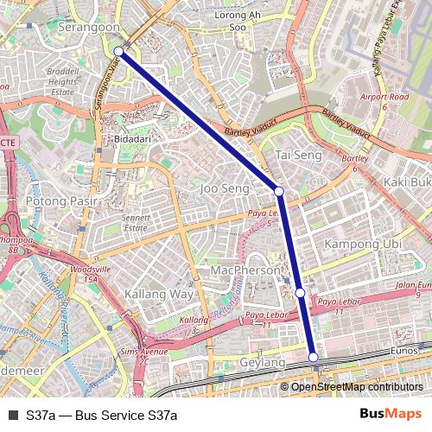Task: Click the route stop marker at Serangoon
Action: click(x=118, y=52)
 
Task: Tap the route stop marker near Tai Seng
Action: click(x=279, y=191)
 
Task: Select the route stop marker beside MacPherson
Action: click(x=300, y=293)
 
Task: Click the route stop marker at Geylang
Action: click(x=313, y=357)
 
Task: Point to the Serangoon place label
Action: click(x=89, y=28)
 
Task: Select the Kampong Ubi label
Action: click(x=362, y=245)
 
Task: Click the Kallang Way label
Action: click(x=158, y=295)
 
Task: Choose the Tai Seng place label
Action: click(x=298, y=155)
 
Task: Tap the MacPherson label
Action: click(x=246, y=270)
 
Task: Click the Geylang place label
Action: click(x=262, y=363)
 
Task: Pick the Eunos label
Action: click(x=403, y=351)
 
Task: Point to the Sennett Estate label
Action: click(x=136, y=223)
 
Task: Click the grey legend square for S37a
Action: click(x=12, y=415)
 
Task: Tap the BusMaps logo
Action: click(x=391, y=414)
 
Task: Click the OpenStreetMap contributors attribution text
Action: click(x=357, y=386)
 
